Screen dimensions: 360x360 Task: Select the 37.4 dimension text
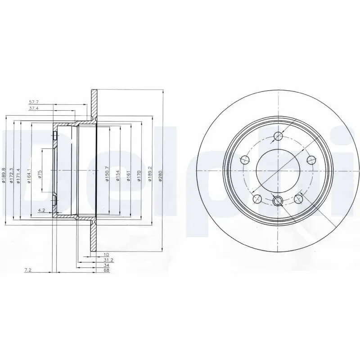[34, 109]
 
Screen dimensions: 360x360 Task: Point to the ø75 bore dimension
[40, 173]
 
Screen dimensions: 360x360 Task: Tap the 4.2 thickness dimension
[41, 210]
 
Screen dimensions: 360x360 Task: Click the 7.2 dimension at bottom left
[27, 270]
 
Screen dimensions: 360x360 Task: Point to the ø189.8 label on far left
[3, 175]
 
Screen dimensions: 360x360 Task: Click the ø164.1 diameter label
[29, 175]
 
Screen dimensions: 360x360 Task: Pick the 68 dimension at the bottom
[107, 270]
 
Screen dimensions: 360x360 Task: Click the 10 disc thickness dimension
[107, 255]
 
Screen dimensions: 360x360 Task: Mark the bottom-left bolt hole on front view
[258, 198]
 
